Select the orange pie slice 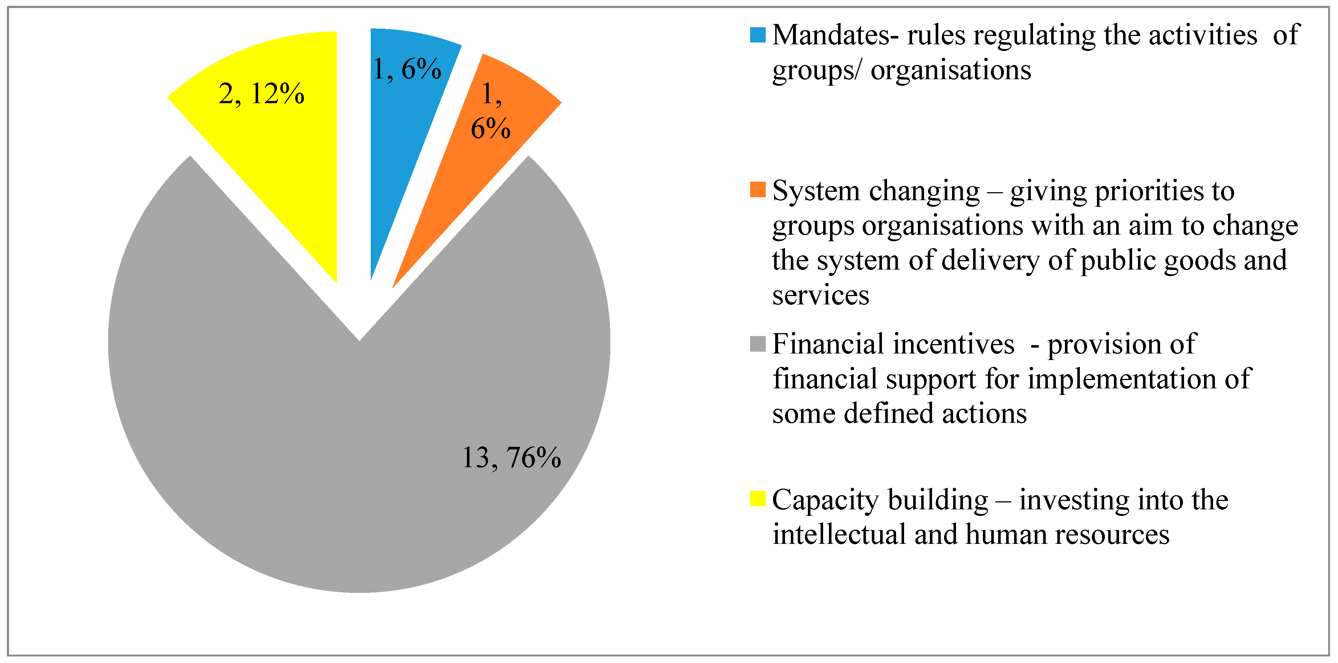click(x=467, y=171)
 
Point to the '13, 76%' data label click(x=511, y=458)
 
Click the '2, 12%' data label click(x=261, y=94)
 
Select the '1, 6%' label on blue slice click(x=407, y=69)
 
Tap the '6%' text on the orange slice click(x=490, y=128)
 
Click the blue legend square click(x=758, y=35)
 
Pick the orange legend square click(x=758, y=190)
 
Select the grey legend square click(x=758, y=343)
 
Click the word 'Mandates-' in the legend click(x=835, y=35)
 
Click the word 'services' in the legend click(x=820, y=296)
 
